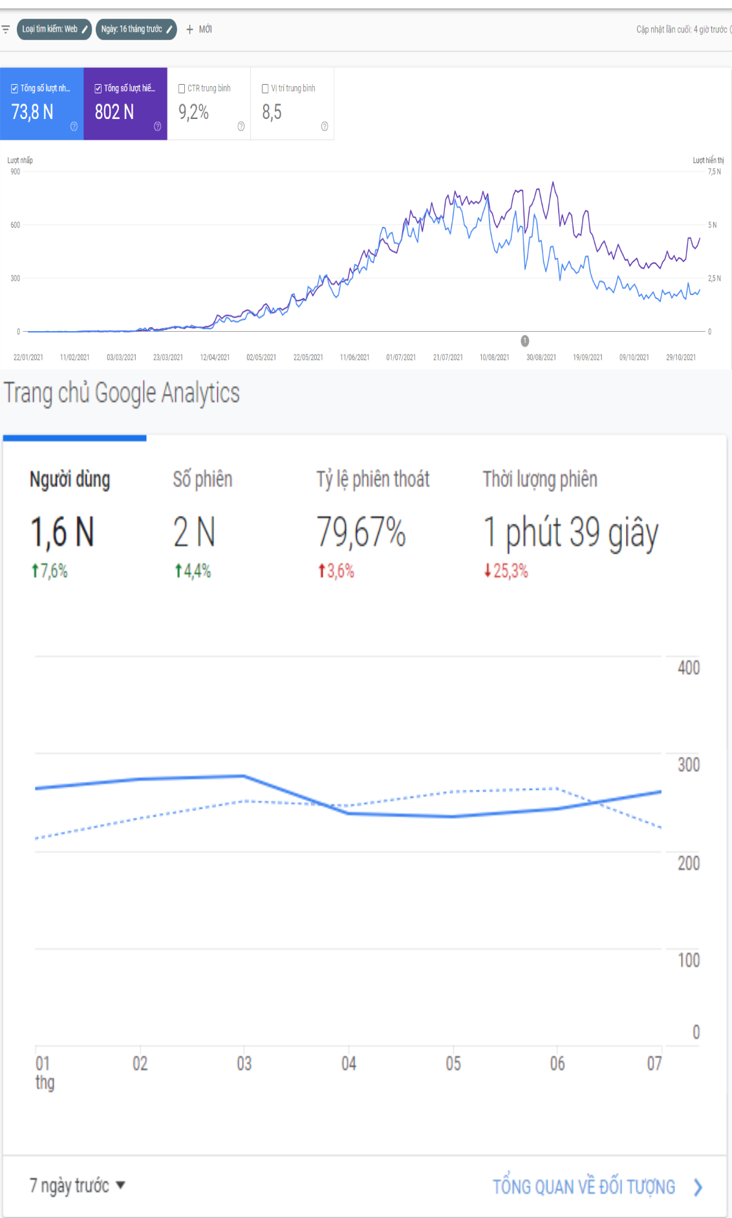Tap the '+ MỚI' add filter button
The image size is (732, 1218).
pos(199,29)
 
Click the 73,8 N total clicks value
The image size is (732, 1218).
pos(32,112)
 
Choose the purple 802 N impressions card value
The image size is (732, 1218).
pos(114,112)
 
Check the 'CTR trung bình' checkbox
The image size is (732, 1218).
pos(182,89)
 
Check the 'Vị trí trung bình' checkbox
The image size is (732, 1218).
pos(265,89)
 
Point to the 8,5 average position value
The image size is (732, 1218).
pos(272,113)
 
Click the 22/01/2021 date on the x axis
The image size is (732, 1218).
pos(28,357)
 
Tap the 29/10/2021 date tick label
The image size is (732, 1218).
pos(681,357)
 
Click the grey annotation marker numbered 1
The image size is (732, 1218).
pos(525,341)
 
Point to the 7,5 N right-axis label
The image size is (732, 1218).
pos(714,171)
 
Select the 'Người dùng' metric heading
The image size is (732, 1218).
pos(70,479)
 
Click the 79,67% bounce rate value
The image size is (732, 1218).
pos(361,532)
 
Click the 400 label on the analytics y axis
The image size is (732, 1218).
pos(689,668)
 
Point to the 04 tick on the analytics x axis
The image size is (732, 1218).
pos(349,1063)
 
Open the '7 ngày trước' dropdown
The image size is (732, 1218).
pos(77,1186)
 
